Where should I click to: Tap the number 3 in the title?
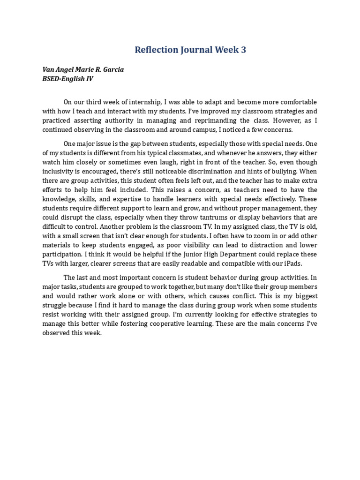[243, 50]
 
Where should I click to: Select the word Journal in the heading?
[197, 50]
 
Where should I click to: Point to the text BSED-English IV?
[68, 79]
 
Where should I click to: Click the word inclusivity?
[57, 172]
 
